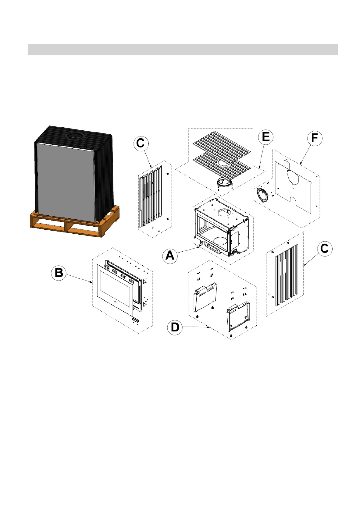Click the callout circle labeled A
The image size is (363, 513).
coord(170,255)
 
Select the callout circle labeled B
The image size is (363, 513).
coord(59,273)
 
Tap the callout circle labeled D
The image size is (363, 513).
coord(175,327)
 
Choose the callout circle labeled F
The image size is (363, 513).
coord(315,138)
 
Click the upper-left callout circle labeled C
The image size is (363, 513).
coord(141,143)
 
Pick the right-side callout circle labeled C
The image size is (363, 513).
coord(325,249)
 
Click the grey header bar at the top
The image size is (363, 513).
coord(183,49)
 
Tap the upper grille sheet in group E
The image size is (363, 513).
coord(220,143)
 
